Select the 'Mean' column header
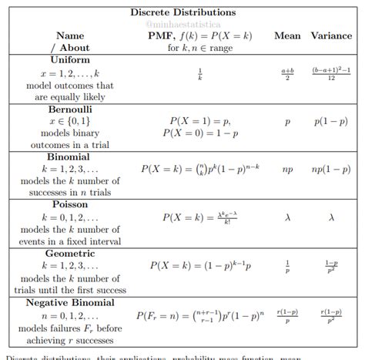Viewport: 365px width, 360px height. [x=287, y=35]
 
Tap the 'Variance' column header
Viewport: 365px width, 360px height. [x=331, y=35]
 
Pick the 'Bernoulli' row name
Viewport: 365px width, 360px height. [x=71, y=109]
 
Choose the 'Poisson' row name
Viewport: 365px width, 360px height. [x=70, y=205]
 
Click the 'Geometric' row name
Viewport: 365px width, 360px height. [x=70, y=253]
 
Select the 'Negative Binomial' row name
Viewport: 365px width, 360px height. [x=70, y=301]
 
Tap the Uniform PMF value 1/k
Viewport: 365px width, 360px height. [x=200, y=76]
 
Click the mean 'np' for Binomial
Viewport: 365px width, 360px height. [x=288, y=167]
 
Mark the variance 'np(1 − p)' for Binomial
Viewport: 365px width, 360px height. [x=331, y=167]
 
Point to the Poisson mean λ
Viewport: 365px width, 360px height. [x=288, y=217]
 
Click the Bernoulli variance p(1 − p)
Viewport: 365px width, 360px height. [x=331, y=122]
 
